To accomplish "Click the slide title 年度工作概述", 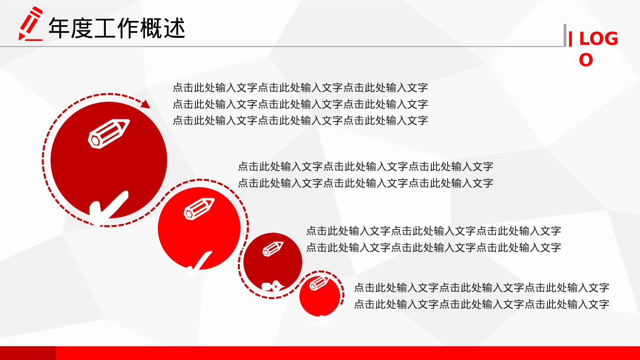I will point(116,28).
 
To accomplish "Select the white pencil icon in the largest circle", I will point(109,134).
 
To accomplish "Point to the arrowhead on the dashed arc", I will point(145,104).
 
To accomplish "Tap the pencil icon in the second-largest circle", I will point(199,209).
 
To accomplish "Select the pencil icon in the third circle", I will point(273,249).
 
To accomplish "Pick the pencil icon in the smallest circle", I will point(319,283).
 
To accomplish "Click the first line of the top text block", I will point(300,88).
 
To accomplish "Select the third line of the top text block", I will point(300,121).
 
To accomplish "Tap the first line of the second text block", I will point(365,166).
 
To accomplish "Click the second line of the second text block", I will point(365,183).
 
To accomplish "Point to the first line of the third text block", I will point(433,231).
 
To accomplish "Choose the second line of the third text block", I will point(433,247).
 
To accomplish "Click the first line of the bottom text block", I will point(481,288).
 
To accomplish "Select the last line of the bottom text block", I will point(481,304).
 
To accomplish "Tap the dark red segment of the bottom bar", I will point(28,353).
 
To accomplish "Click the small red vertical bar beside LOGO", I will point(570,39).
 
